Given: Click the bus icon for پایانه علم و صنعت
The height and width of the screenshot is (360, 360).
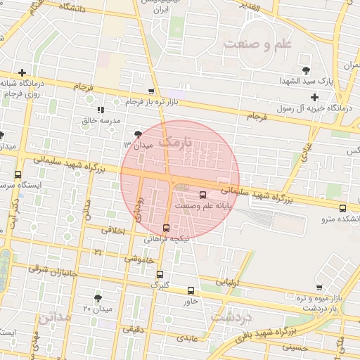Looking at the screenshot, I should point(203,195).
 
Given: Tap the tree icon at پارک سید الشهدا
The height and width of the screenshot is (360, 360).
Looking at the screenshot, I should point(305,70).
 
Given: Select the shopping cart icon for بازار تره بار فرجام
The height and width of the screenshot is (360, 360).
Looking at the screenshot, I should point(152,91).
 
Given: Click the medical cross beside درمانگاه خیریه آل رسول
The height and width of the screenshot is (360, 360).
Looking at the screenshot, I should point(315,97).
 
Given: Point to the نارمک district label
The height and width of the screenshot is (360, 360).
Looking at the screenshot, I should point(175,141).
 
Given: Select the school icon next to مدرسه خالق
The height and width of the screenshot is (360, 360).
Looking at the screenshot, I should point(101,110).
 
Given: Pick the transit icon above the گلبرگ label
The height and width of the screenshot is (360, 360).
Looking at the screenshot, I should point(160,274).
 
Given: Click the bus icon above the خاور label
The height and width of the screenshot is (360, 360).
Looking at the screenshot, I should point(191,290).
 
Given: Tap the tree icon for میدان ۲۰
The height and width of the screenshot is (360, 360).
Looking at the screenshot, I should point(98,298).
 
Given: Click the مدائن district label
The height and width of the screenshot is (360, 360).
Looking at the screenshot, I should point(55,316).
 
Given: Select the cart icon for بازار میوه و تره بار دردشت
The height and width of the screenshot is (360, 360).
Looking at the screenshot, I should point(320,288).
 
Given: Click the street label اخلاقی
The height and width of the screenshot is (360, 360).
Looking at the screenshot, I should point(112,229).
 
